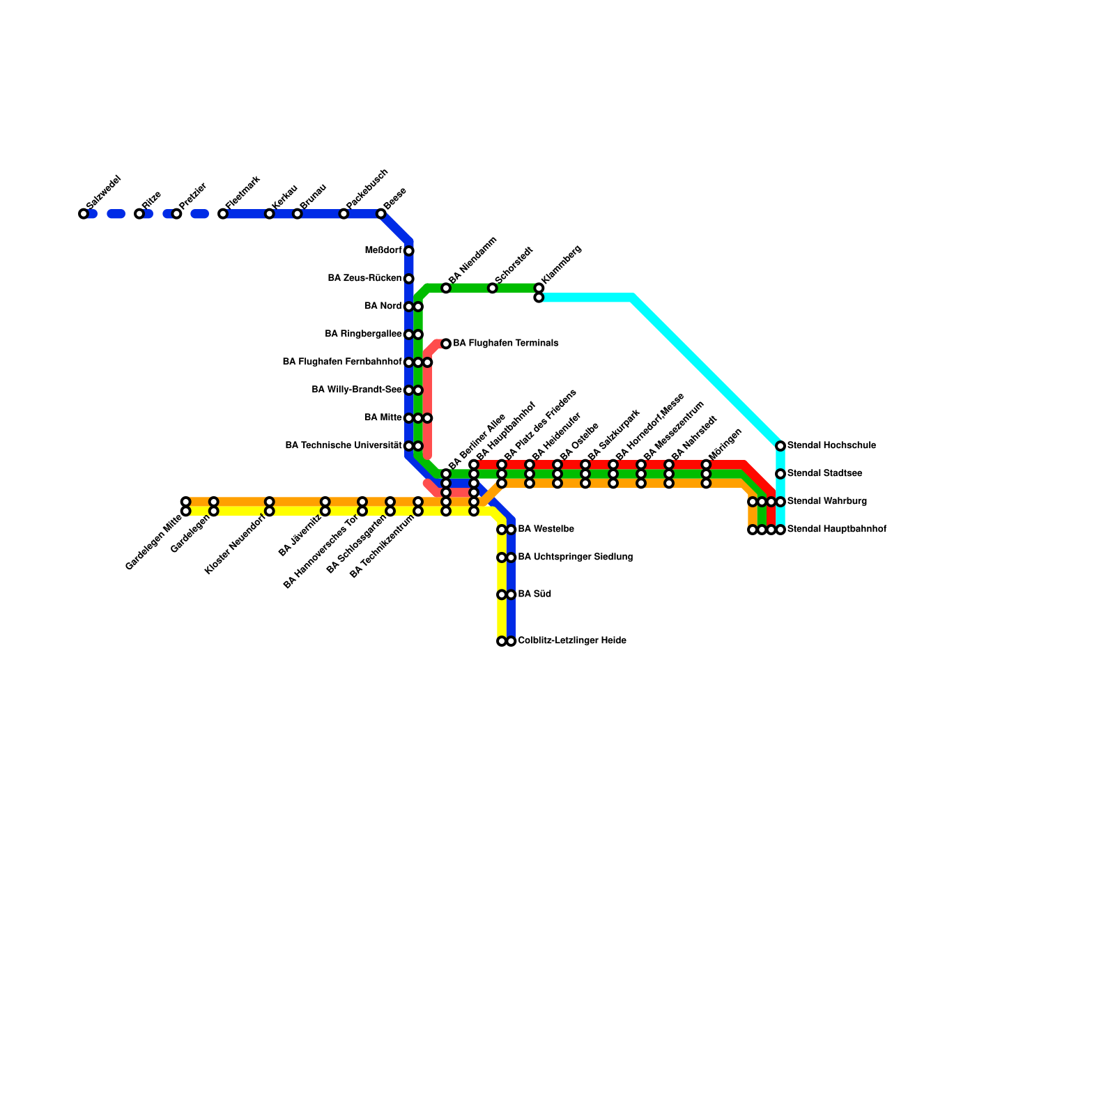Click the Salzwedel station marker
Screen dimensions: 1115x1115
[84, 214]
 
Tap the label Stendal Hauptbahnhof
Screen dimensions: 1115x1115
[836, 530]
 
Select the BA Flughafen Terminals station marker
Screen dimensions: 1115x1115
[446, 344]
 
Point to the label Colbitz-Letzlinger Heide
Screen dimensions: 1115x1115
[571, 641]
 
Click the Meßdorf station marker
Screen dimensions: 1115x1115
[409, 251]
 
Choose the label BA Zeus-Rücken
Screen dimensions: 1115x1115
[364, 279]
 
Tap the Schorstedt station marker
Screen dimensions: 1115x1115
[493, 289]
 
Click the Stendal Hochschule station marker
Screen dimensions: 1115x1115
[780, 446]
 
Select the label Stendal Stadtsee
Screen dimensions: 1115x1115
[824, 474]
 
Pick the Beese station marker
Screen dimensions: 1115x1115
[381, 214]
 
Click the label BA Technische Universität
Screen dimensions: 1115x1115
[344, 446]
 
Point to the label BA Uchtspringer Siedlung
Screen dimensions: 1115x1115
[575, 557]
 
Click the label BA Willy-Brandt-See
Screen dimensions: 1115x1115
[356, 390]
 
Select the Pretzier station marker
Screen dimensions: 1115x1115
[177, 214]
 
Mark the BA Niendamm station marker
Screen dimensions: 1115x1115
[446, 289]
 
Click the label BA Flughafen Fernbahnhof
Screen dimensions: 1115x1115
[341, 362]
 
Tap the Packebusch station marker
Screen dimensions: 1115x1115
[344, 214]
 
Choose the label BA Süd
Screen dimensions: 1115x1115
[535, 594]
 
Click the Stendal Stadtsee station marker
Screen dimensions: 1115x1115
[780, 474]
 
